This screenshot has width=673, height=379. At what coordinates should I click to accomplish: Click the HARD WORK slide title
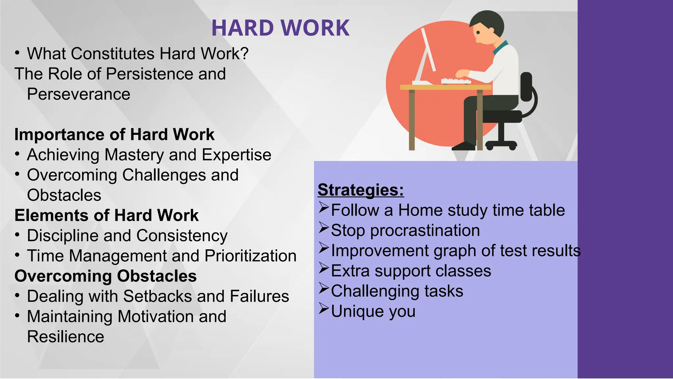click(x=280, y=28)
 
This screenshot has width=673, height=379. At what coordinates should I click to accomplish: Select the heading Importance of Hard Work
click(x=114, y=135)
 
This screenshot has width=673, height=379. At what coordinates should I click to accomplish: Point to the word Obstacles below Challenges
click(x=64, y=195)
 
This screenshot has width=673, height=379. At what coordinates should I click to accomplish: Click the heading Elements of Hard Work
click(x=106, y=215)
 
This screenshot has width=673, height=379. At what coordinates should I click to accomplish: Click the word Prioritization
click(x=250, y=256)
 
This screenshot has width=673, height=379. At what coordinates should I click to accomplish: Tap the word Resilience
click(x=65, y=337)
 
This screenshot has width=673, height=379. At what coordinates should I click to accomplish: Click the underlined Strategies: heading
click(x=361, y=190)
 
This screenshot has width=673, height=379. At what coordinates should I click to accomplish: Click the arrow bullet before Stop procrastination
click(x=324, y=228)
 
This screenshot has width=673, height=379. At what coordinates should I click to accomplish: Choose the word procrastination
click(x=425, y=231)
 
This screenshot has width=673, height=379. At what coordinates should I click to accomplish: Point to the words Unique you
click(x=373, y=312)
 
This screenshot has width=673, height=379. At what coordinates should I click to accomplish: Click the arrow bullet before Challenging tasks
click(x=324, y=289)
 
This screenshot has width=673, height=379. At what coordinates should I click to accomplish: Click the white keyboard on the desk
click(x=456, y=81)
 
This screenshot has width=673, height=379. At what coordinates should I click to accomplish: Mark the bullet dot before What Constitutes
click(x=17, y=53)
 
